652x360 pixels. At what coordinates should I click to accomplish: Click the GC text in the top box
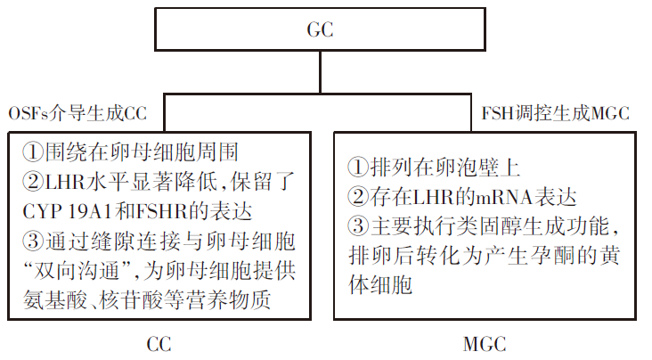pos(320,29)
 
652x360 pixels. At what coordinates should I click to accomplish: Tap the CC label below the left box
pos(159,345)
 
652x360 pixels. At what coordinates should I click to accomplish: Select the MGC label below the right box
pos(485,345)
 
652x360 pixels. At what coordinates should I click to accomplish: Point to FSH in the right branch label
pos(498,113)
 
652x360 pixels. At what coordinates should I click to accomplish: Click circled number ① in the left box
pos(33,152)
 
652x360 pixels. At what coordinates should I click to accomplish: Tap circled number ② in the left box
pos(33,182)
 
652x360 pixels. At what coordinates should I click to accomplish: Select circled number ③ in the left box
pos(33,241)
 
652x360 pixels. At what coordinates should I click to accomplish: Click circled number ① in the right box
pos(358,168)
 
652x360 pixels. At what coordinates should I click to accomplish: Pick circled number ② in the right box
pos(358,197)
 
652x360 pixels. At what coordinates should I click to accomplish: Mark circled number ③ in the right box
pos(358,226)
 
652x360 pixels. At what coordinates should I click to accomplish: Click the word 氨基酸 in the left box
pos(55,300)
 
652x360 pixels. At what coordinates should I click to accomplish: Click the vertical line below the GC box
pos(320,72)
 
